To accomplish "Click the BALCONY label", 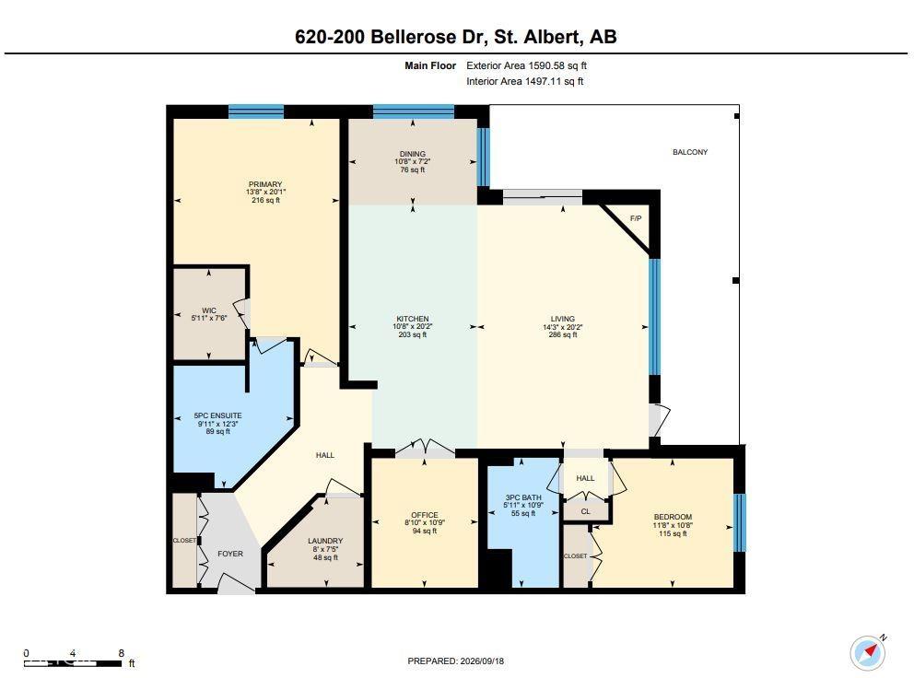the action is pos(690,152).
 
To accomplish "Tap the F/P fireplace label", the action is pos(636,218).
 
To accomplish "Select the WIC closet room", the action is pos(209,314).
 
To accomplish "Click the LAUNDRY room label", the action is pos(325,541).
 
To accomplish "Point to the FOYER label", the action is pos(230,554).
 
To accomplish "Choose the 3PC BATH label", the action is pos(523,497).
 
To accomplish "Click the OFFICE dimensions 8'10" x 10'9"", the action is pos(425,523).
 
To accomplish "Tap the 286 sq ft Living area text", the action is pos(563,334).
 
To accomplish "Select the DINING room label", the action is pos(413,154).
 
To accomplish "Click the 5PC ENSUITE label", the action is pos(218,415).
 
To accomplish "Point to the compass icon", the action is pos(867,652).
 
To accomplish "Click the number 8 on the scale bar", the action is pos(122,653).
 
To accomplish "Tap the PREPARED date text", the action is pos(456,661).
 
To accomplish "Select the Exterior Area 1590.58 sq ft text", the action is pos(526,66).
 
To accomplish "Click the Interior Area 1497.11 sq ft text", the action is pos(524,82).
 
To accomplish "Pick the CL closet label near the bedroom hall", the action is pos(586,511).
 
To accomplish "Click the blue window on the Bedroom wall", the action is pos(739,522).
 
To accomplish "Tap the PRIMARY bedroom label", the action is pos(265,184).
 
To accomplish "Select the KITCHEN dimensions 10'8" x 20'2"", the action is pos(413,327).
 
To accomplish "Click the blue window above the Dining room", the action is pos(414,111).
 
